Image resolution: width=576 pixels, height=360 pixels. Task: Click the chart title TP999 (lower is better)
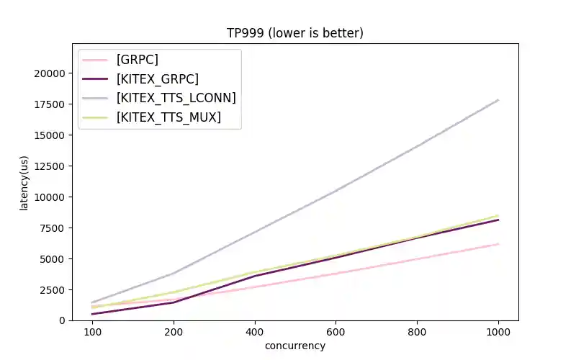295,33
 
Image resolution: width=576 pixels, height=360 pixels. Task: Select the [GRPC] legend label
138,60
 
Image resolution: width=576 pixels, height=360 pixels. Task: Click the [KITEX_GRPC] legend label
157,78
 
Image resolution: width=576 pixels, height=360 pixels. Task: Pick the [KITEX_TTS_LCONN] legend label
176,98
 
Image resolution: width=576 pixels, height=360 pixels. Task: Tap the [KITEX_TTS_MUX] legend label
168,117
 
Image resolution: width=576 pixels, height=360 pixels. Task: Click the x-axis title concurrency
295,346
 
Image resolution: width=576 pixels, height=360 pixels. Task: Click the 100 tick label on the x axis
92,332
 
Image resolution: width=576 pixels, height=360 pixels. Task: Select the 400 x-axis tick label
255,332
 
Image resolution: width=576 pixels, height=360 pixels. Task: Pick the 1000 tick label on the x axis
498,332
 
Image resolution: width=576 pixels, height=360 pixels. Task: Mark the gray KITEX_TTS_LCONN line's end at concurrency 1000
498,100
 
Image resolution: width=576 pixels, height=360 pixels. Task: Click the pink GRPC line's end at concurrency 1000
498,244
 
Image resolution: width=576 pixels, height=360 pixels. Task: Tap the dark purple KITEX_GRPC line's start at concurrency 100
92,314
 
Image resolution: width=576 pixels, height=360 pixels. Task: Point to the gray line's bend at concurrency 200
174,274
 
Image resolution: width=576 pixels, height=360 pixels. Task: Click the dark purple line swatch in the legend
95,78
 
